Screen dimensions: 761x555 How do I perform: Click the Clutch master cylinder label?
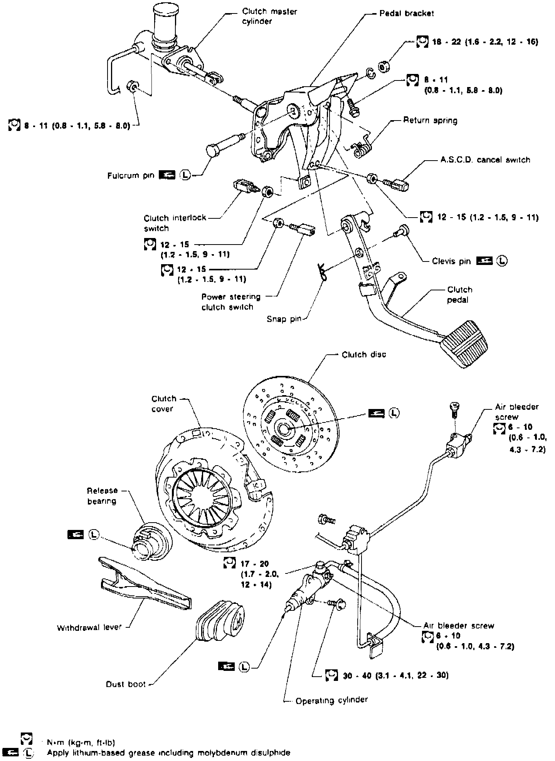click(x=269, y=16)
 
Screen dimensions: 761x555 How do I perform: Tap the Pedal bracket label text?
click(x=406, y=13)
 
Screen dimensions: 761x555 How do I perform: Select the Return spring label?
click(x=430, y=121)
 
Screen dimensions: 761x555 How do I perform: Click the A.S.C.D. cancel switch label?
click(x=485, y=159)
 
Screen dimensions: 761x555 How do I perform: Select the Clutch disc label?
click(x=364, y=354)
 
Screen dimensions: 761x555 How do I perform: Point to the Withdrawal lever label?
click(x=89, y=627)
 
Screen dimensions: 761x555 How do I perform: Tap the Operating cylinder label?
click(x=331, y=700)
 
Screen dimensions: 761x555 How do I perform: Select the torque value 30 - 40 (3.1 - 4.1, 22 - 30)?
click(x=395, y=675)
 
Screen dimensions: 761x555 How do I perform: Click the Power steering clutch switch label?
click(x=231, y=302)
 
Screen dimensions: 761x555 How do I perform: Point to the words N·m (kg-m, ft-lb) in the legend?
click(x=81, y=742)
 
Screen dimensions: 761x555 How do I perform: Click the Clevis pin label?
click(x=451, y=261)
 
